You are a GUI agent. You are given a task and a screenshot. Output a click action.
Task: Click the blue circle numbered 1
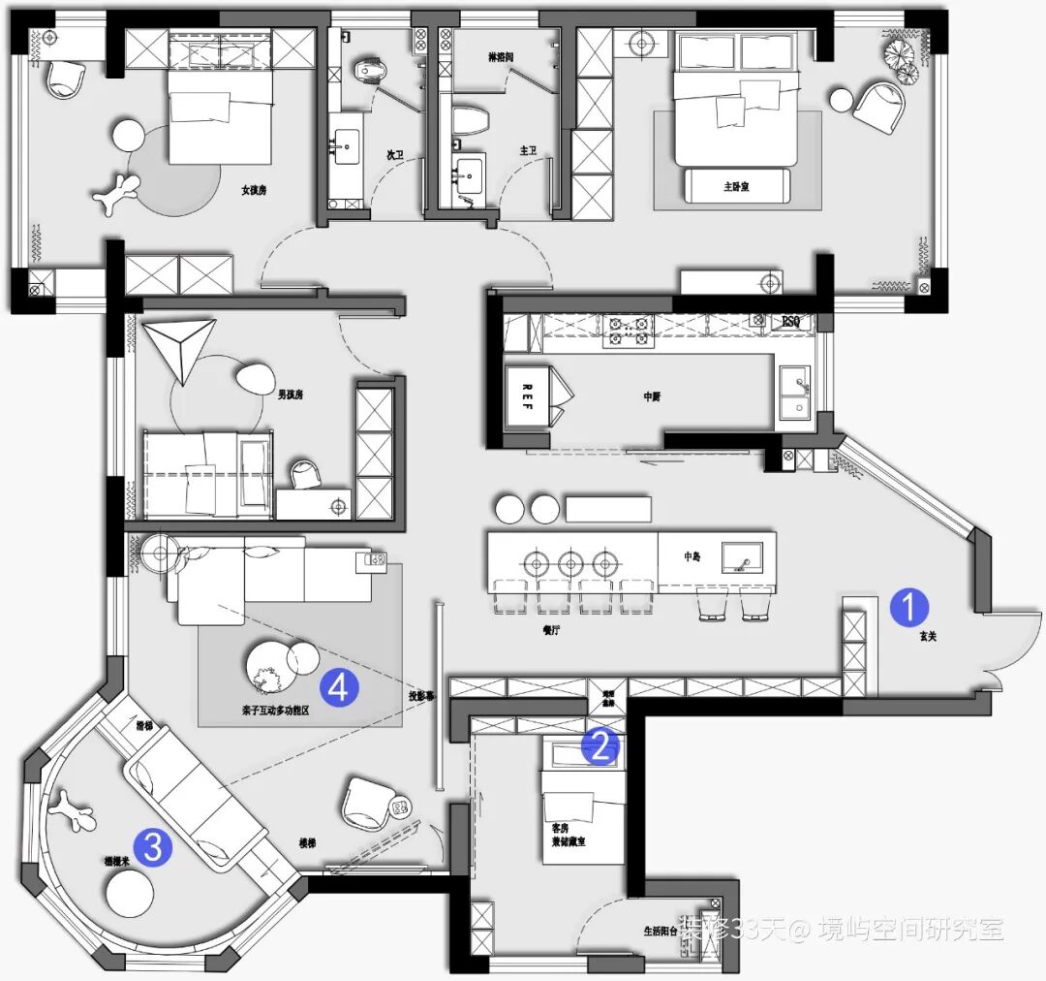click(908, 607)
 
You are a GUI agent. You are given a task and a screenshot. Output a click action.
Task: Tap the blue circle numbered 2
click(600, 745)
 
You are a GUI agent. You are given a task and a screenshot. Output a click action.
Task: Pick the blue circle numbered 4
click(338, 687)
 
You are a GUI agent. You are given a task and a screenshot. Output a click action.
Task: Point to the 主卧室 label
click(737, 186)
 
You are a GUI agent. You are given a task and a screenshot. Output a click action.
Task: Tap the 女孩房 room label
click(254, 190)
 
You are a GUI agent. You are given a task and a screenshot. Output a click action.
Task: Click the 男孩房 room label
click(292, 395)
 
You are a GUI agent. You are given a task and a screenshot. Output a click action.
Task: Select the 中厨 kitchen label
click(652, 396)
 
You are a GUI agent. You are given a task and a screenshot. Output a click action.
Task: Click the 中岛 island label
click(692, 556)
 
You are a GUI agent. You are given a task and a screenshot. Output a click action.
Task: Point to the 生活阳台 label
click(661, 930)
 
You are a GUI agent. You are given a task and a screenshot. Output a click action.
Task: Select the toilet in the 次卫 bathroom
click(371, 71)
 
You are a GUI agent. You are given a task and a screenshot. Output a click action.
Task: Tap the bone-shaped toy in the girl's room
click(116, 193)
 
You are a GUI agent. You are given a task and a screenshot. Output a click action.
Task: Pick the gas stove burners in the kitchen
click(627, 332)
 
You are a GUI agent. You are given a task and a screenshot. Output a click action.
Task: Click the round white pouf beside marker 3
click(130, 891)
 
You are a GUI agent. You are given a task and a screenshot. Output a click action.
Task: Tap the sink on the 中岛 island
click(741, 556)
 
